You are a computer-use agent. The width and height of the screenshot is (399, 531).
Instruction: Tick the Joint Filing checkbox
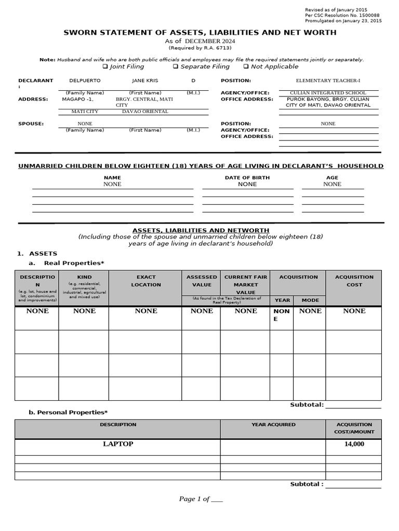[x=105, y=67]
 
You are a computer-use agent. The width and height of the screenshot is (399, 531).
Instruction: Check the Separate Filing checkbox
[x=176, y=67]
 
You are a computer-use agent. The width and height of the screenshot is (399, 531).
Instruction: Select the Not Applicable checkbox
[x=246, y=67]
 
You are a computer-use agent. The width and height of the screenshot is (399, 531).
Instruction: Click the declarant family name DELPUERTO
[x=85, y=81]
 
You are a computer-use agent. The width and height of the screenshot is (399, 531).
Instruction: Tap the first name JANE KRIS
[x=145, y=81]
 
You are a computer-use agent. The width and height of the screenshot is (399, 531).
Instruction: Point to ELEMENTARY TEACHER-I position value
[x=327, y=81]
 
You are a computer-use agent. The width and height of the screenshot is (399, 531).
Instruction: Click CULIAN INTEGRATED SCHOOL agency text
[x=328, y=93]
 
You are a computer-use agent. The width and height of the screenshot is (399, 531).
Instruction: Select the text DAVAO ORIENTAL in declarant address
[x=145, y=111]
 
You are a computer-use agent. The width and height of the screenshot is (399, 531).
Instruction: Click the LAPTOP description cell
[x=118, y=444]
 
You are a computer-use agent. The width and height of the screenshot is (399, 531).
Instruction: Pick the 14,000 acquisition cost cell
[x=354, y=444]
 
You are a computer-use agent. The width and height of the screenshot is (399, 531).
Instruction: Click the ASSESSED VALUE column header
[x=202, y=281]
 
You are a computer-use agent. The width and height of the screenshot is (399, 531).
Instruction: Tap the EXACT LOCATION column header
[x=146, y=281]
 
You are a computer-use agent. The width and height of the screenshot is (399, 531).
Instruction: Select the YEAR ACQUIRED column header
[x=273, y=425]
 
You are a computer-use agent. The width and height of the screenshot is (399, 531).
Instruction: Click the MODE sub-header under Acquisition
[x=310, y=300]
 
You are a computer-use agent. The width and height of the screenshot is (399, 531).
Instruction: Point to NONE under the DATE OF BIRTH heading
[x=247, y=184]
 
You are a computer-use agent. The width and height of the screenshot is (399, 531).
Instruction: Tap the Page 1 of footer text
[x=201, y=499]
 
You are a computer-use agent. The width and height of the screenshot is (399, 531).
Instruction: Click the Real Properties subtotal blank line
[x=353, y=406]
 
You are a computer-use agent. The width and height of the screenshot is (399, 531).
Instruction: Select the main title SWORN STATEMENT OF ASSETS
[x=199, y=33]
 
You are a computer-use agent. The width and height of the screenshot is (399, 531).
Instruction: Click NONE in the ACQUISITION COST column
[x=354, y=311]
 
